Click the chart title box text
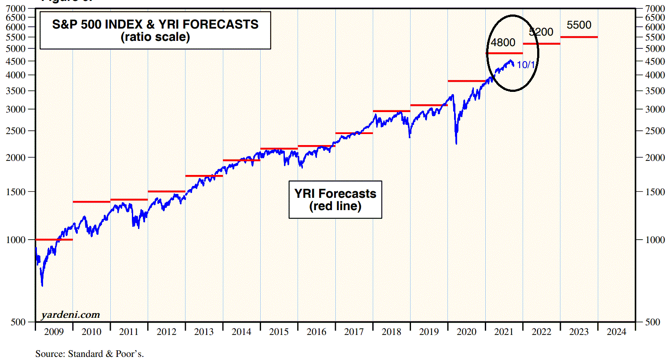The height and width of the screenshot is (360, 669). click(x=155, y=30)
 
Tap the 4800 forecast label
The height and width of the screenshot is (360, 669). click(x=503, y=43)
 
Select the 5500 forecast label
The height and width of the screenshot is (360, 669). click(x=579, y=25)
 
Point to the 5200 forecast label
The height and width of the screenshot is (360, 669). click(x=541, y=32)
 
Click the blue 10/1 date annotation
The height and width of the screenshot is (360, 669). click(x=526, y=65)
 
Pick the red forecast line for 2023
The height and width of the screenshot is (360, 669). click(x=579, y=37)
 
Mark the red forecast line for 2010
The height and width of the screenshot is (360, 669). click(x=91, y=202)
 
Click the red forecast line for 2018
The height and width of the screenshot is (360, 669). click(x=391, y=111)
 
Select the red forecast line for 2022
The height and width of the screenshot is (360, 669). click(x=542, y=44)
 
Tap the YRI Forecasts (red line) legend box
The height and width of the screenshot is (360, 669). click(x=335, y=200)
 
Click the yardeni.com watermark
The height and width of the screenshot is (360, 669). click(x=70, y=315)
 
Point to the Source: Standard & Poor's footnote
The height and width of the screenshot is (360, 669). click(x=90, y=354)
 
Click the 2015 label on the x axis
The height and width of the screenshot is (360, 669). click(x=279, y=332)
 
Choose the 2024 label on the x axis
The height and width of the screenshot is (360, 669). click(x=616, y=332)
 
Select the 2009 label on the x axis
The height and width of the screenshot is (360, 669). click(x=54, y=332)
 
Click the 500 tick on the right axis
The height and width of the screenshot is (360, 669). click(x=653, y=322)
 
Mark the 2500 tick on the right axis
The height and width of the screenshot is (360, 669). click(x=655, y=131)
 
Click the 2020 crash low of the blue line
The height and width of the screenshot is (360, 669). click(x=456, y=143)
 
